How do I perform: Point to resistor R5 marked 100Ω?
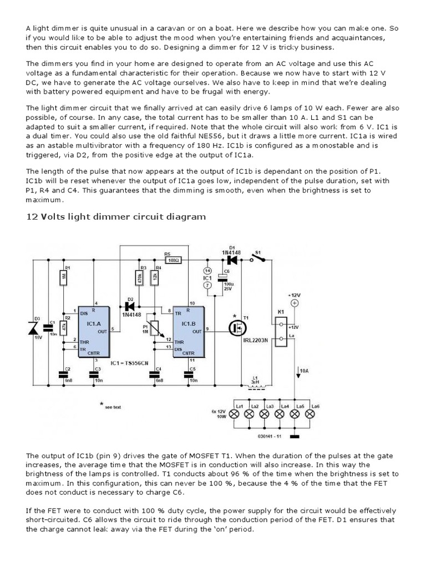pos(174,259)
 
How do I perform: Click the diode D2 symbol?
pos(131,306)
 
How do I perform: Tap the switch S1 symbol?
pos(256,258)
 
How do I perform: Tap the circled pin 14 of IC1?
pos(207,270)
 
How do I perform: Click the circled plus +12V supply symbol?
pos(294,303)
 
